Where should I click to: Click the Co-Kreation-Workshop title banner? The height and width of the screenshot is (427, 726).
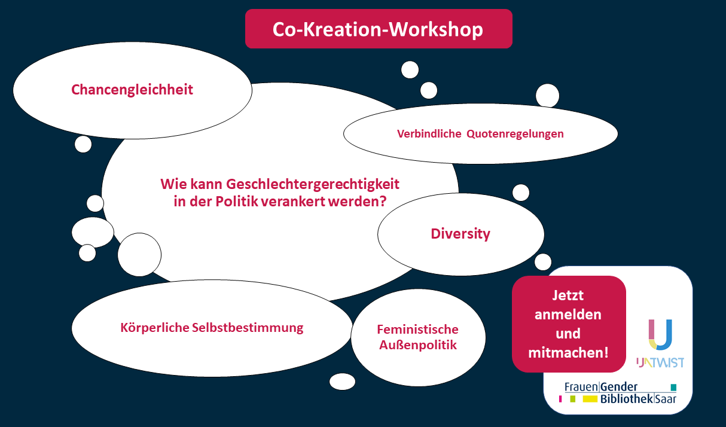(379, 29)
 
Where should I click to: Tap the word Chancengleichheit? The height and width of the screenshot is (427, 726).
(132, 90)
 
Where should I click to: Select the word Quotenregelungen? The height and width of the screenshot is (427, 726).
(515, 134)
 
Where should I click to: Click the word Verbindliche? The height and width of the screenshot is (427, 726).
(429, 133)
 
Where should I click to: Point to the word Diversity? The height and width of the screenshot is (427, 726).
(460, 234)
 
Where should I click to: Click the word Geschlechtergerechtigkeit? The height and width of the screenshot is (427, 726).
(312, 184)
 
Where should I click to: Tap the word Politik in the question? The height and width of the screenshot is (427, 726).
(237, 202)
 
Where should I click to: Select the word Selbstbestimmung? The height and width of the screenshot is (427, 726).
(248, 328)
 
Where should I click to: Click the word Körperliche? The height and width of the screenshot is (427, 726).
(154, 328)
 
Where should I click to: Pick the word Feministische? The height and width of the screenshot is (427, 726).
(417, 330)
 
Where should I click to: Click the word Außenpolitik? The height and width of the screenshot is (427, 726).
(418, 345)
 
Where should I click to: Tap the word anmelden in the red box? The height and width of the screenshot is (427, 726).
(568, 315)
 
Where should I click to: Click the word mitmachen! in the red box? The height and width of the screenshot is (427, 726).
(568, 352)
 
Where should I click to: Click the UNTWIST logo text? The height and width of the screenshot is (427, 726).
(660, 362)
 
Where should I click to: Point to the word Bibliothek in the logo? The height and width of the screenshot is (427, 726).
(627, 399)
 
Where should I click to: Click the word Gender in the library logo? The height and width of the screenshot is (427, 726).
(619, 387)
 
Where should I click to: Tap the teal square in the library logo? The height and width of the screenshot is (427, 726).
(673, 387)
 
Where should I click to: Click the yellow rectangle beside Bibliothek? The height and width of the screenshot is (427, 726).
(590, 399)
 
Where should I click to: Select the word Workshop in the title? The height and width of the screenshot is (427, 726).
(436, 29)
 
